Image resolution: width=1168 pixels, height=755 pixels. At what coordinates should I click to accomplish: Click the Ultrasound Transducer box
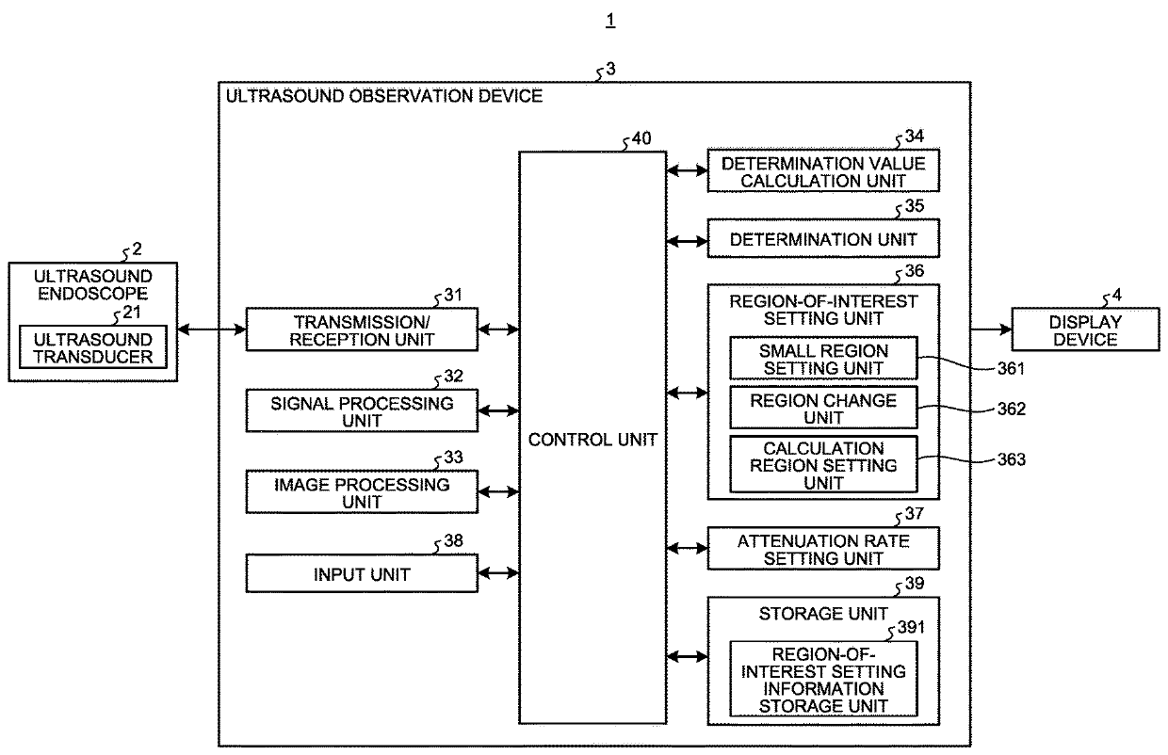click(92, 347)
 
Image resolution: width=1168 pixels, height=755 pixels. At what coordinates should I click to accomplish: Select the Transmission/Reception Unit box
click(361, 329)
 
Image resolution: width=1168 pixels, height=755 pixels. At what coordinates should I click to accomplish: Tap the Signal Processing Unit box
click(361, 410)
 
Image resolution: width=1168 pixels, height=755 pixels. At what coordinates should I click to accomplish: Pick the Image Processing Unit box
click(361, 492)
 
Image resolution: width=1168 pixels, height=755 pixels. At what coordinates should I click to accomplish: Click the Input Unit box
click(361, 573)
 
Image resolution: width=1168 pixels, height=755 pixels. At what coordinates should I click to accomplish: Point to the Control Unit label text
click(592, 439)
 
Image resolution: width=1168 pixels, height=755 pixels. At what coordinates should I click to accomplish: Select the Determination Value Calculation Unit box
click(823, 171)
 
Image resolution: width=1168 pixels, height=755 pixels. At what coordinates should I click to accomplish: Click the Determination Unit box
click(823, 239)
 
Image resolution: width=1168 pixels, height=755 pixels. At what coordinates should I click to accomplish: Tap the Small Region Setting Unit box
click(823, 359)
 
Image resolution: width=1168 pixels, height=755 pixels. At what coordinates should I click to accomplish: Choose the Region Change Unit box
click(823, 409)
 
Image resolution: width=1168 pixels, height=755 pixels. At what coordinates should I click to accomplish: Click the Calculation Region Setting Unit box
click(823, 465)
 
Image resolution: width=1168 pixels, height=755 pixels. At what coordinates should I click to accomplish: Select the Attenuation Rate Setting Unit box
click(823, 549)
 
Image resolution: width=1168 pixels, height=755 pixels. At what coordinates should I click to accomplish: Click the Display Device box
click(1084, 330)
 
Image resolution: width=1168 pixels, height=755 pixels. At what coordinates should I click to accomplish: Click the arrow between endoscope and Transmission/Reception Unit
click(211, 329)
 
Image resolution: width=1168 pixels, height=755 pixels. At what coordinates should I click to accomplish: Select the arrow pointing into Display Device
click(991, 330)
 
